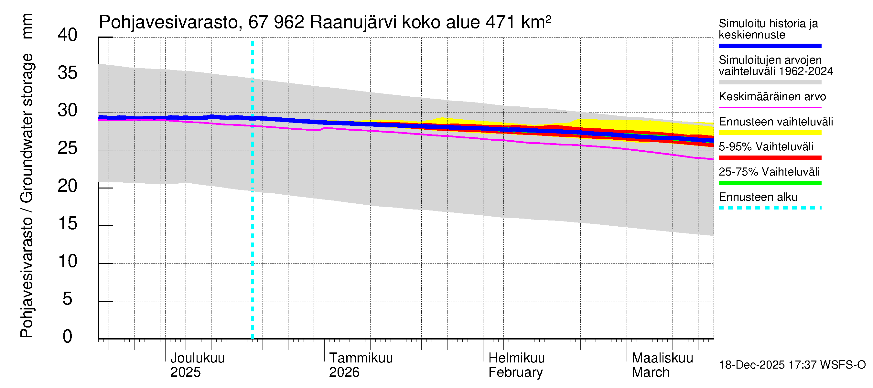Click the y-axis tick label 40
[x=68, y=35]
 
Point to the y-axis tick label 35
[x=68, y=73]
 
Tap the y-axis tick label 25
[x=68, y=148]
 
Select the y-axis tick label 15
[x=68, y=224]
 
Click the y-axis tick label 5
[x=68, y=299]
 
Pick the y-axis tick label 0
[x=68, y=337]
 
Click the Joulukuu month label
[x=197, y=358]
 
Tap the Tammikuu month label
[x=361, y=358]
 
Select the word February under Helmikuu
[x=515, y=372]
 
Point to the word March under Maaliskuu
[x=650, y=372]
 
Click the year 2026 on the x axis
[x=344, y=372]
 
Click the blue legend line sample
[x=770, y=46]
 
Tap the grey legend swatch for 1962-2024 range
[x=770, y=82]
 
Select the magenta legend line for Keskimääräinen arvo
[x=770, y=107]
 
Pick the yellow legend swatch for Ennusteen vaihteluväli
[x=770, y=133]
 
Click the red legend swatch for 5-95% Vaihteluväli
[x=770, y=157]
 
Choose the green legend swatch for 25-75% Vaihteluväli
[x=770, y=183]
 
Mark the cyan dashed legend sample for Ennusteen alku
[x=770, y=208]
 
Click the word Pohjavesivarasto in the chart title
[x=168, y=23]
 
